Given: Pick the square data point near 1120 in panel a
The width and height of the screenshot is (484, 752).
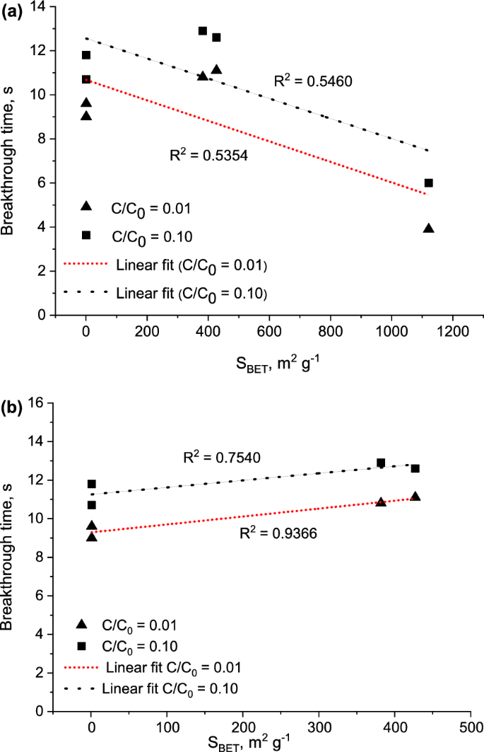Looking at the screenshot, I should (x=428, y=183).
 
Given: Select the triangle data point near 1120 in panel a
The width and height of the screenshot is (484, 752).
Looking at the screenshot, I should (x=428, y=228).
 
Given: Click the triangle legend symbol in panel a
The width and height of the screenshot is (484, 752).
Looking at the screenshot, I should (x=85, y=205).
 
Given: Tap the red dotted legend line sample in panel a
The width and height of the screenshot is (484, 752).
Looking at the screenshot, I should (x=84, y=265).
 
